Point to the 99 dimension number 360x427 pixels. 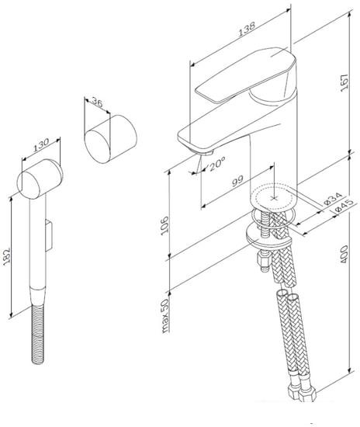(x=237, y=182)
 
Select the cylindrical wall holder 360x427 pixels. (x=108, y=141)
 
